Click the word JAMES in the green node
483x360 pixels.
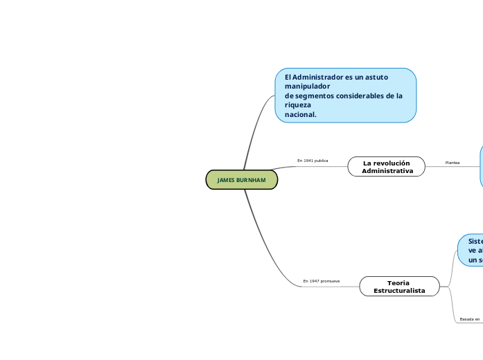[x=226, y=180]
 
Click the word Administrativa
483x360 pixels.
[x=387, y=170]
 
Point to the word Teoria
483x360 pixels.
[x=398, y=282]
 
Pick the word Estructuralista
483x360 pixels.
[x=399, y=291]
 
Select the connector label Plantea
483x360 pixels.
[x=453, y=163]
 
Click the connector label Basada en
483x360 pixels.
[x=470, y=319]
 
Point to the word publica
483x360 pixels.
[x=321, y=161]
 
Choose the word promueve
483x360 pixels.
[x=330, y=281]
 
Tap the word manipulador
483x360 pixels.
[x=307, y=87]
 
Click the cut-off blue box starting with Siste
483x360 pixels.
[x=471, y=250]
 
